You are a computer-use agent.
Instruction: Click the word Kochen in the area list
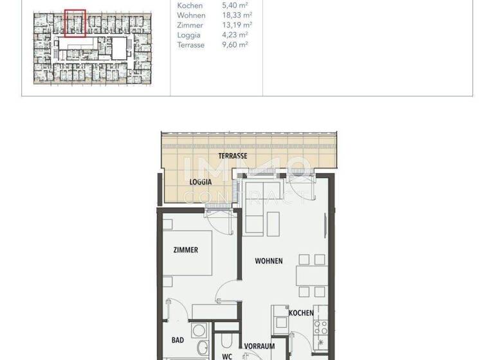(x=190, y=6)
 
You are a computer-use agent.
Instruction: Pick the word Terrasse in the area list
(x=191, y=45)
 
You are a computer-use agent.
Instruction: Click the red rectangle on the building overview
(x=75, y=23)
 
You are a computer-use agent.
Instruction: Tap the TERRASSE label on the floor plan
(x=233, y=156)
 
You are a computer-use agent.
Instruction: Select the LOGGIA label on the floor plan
(x=201, y=182)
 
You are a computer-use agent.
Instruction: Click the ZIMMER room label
(x=185, y=250)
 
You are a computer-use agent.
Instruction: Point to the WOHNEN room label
(x=269, y=261)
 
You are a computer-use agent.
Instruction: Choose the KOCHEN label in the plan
(x=301, y=313)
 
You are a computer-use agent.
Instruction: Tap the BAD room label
(x=178, y=339)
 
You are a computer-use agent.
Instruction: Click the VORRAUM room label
(x=259, y=346)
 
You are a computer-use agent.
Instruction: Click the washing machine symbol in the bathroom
(x=200, y=330)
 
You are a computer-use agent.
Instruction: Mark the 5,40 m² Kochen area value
(x=232, y=6)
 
